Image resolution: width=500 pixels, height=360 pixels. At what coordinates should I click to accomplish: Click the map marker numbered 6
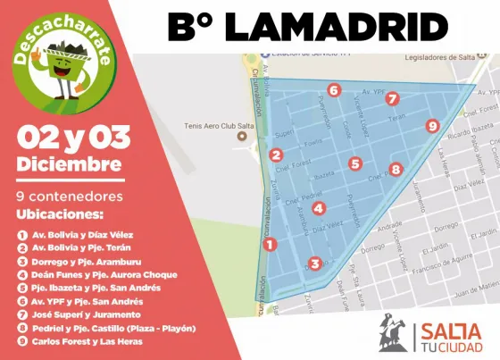click(x=333, y=89)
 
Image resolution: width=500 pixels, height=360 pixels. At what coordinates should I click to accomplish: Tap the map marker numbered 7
click(x=392, y=99)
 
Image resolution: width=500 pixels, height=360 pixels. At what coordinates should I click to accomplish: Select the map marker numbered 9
click(x=432, y=127)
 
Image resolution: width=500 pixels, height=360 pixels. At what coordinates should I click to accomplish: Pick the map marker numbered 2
click(x=277, y=154)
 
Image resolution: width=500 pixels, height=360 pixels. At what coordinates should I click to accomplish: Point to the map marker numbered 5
click(x=355, y=163)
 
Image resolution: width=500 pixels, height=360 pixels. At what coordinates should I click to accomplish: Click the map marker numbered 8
click(x=396, y=169)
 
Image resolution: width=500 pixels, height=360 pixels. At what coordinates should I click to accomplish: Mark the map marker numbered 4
click(x=319, y=208)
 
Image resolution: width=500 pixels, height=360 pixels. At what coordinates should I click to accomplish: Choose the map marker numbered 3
click(x=314, y=264)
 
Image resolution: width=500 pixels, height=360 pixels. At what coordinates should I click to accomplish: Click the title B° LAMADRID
click(x=308, y=27)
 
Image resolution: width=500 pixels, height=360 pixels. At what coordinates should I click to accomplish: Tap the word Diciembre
click(x=69, y=164)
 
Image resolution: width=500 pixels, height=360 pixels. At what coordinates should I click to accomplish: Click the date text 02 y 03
click(x=73, y=138)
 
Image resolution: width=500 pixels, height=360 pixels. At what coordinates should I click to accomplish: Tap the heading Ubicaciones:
click(x=60, y=214)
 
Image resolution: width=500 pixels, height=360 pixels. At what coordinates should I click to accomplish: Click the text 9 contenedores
click(x=62, y=195)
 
